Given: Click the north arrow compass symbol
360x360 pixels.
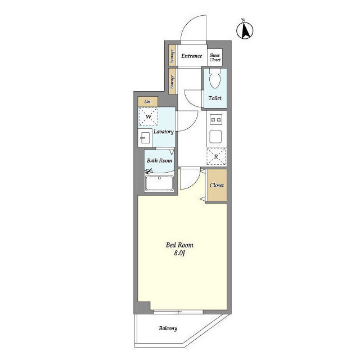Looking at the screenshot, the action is pos(245,30).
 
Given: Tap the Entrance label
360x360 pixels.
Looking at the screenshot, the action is pos(192,56).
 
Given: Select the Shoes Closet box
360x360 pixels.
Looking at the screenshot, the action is pos(215,57).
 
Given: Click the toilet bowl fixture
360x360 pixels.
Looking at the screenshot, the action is pos(215,78).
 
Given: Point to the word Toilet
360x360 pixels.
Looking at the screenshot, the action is pos(215,98).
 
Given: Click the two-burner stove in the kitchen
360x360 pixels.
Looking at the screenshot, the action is pos(216,120).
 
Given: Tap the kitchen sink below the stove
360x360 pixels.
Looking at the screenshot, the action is pos(216,137).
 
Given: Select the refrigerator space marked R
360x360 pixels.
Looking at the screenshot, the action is pos(216,156).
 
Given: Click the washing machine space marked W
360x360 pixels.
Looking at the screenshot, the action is pos(148,116).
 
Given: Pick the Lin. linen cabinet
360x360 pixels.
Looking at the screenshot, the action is pos(148,101).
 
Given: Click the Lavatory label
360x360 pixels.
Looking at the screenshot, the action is pos(164,132).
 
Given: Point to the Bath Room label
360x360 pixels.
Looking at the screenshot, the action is pos(160,160).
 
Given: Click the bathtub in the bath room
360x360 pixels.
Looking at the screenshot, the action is pos(159,183).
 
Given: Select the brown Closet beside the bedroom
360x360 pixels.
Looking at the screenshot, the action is pos(217,185).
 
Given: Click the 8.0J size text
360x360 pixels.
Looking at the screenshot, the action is pos(179,253).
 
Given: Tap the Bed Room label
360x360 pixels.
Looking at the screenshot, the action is pos(179,245).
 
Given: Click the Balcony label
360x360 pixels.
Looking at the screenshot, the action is pos(168,328).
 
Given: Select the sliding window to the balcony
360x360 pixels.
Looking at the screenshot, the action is pos(178,312).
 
